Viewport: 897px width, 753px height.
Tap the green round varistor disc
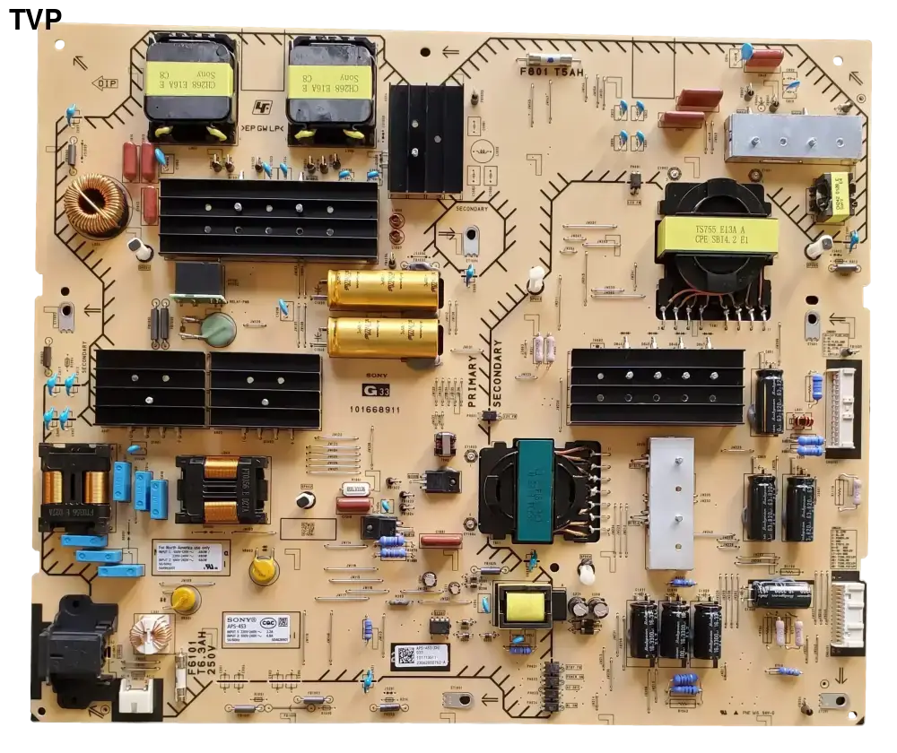(x=217, y=330)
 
